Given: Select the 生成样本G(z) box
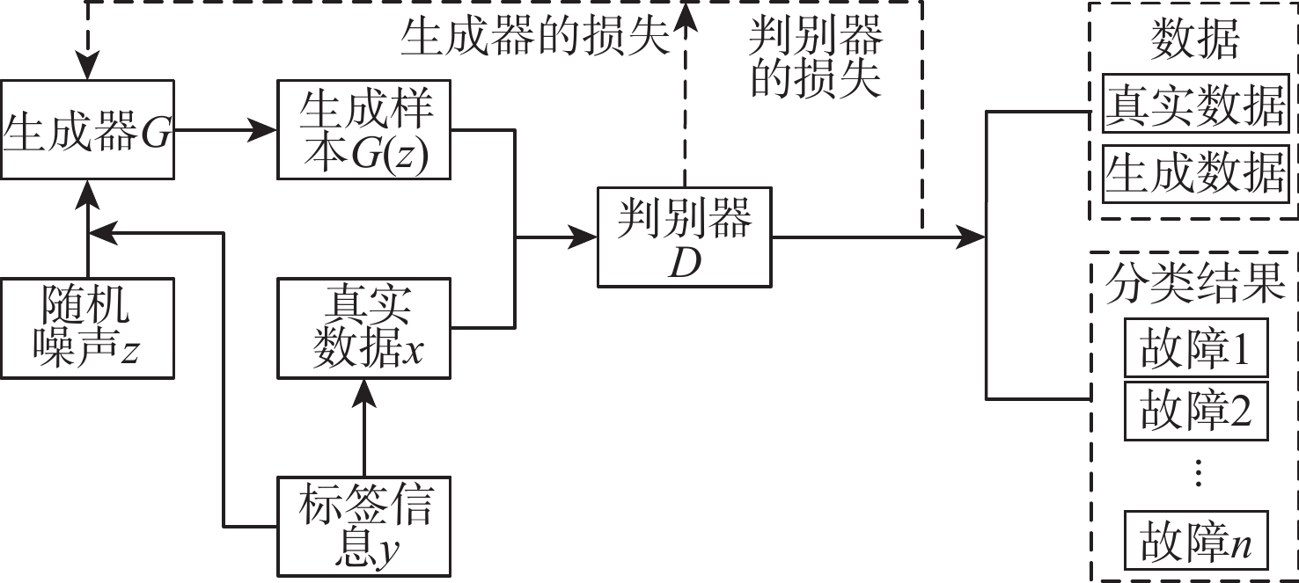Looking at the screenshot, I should [x=365, y=130].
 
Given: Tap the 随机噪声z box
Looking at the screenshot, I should [x=88, y=328].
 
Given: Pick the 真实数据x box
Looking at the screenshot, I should [x=365, y=328].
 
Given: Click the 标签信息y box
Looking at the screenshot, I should [x=365, y=525].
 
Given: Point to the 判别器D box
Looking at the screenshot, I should [x=684, y=237].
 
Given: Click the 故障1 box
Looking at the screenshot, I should [x=1195, y=348].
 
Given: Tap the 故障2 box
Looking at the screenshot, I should [x=1195, y=410].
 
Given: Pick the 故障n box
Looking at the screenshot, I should [x=1195, y=540].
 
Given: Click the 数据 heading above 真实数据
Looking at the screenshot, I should [x=1195, y=39].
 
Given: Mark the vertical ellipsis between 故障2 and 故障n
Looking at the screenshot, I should [x=1195, y=475].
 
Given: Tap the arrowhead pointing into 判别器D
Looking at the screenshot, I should [x=586, y=237].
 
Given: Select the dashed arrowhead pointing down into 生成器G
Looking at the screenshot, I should [x=88, y=67].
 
